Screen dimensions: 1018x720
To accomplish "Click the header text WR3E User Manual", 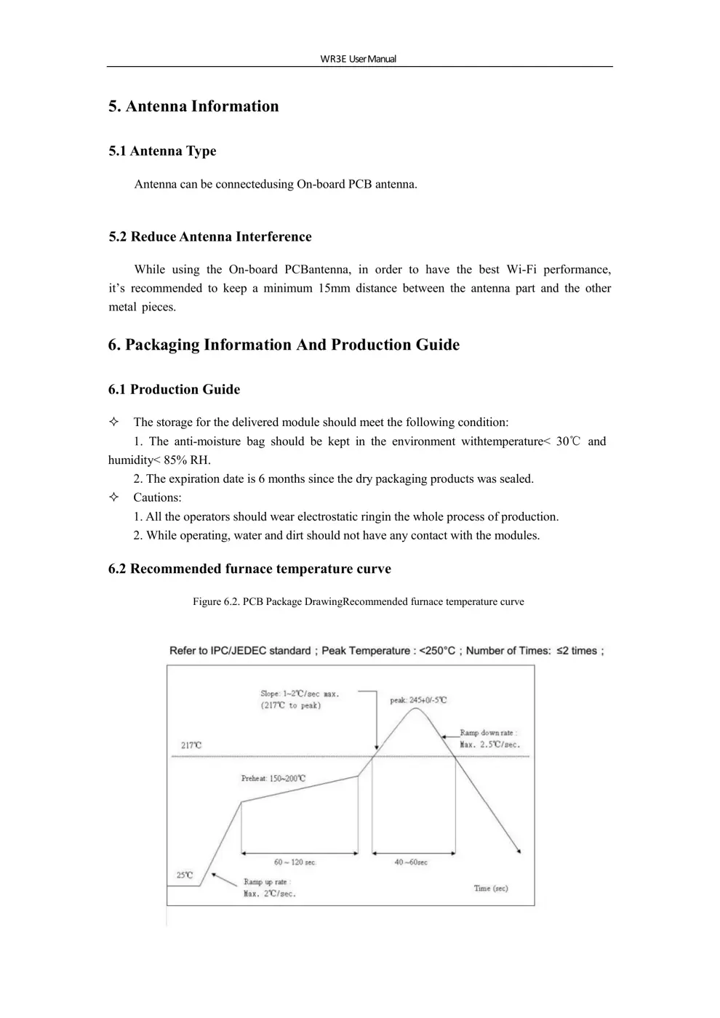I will point(358,59).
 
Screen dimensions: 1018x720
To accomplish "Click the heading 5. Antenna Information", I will point(193,106).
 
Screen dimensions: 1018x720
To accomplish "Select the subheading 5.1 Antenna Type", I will point(162,151).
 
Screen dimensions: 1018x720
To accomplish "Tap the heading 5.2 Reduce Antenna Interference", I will point(209,237).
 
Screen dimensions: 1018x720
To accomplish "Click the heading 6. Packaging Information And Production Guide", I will point(284,345).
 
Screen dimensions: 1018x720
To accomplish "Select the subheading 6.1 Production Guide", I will point(174,390).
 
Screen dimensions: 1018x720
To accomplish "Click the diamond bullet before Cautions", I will point(113,498).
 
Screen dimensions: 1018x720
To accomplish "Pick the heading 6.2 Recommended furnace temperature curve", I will point(249,569).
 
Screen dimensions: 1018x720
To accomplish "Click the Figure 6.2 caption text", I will point(358,602).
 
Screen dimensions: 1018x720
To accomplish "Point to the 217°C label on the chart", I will point(191,745).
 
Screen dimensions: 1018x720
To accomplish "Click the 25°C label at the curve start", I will point(185,875).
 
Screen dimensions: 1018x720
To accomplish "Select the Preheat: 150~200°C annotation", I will point(273,779).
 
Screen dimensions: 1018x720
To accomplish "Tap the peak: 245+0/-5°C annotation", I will point(418,700).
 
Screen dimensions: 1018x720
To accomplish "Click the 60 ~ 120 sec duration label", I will point(295,862).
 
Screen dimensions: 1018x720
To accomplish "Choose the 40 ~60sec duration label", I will point(411,862).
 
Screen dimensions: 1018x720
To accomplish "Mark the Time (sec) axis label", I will point(491,889).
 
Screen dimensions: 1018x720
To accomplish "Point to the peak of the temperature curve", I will point(415,708).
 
